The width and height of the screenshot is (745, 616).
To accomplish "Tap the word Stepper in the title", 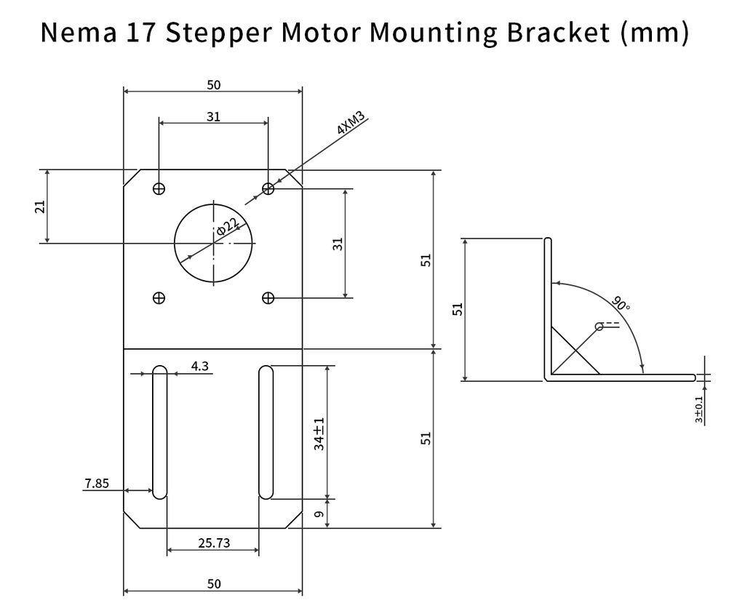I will (219, 33).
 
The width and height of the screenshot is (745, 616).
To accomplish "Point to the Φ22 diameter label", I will (227, 228).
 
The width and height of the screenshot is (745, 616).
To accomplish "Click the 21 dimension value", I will (40, 207).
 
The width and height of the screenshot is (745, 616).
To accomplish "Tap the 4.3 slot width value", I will (200, 366).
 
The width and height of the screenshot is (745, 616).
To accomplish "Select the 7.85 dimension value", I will (96, 483).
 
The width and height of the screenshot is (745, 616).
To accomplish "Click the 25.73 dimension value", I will (213, 542).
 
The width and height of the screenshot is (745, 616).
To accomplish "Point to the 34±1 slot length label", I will (319, 434).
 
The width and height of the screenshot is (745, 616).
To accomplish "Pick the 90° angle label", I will (620, 303).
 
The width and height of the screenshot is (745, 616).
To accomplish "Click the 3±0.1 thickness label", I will (699, 409).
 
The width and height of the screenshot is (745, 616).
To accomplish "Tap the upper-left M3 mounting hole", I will (159, 188).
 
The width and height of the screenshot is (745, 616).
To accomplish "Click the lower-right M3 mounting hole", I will (268, 297).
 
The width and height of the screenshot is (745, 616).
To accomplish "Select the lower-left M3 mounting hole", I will (159, 297).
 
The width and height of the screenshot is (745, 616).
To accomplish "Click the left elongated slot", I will (159, 433).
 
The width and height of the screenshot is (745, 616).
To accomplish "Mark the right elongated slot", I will (266, 433).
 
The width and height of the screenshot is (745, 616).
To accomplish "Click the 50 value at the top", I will (213, 85).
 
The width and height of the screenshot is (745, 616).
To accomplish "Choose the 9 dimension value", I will (319, 514).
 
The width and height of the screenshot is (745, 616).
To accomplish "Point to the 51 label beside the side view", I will (458, 309).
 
